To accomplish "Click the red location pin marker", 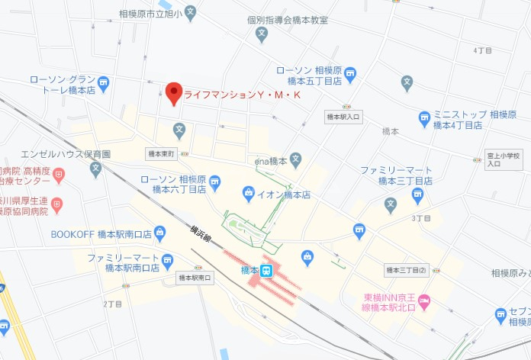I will pyautogui.click(x=174, y=94).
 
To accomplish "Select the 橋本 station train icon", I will pyautogui.click(x=266, y=271).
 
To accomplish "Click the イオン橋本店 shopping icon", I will pyautogui.click(x=248, y=194).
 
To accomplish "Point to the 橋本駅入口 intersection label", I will pyautogui.click(x=343, y=117).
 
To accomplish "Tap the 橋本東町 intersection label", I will pyautogui.click(x=161, y=154).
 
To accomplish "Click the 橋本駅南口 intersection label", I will pyautogui.click(x=195, y=278).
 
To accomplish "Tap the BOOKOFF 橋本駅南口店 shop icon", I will pyautogui.click(x=159, y=233).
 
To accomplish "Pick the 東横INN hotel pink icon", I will pyautogui.click(x=424, y=302).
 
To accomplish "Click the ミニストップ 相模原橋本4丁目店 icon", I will pyautogui.click(x=424, y=120).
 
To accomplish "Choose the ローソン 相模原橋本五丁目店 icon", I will pyautogui.click(x=350, y=75).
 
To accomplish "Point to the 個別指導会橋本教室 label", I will pyautogui.click(x=287, y=20).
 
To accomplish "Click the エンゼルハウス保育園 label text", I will pyautogui.click(x=66, y=153).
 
